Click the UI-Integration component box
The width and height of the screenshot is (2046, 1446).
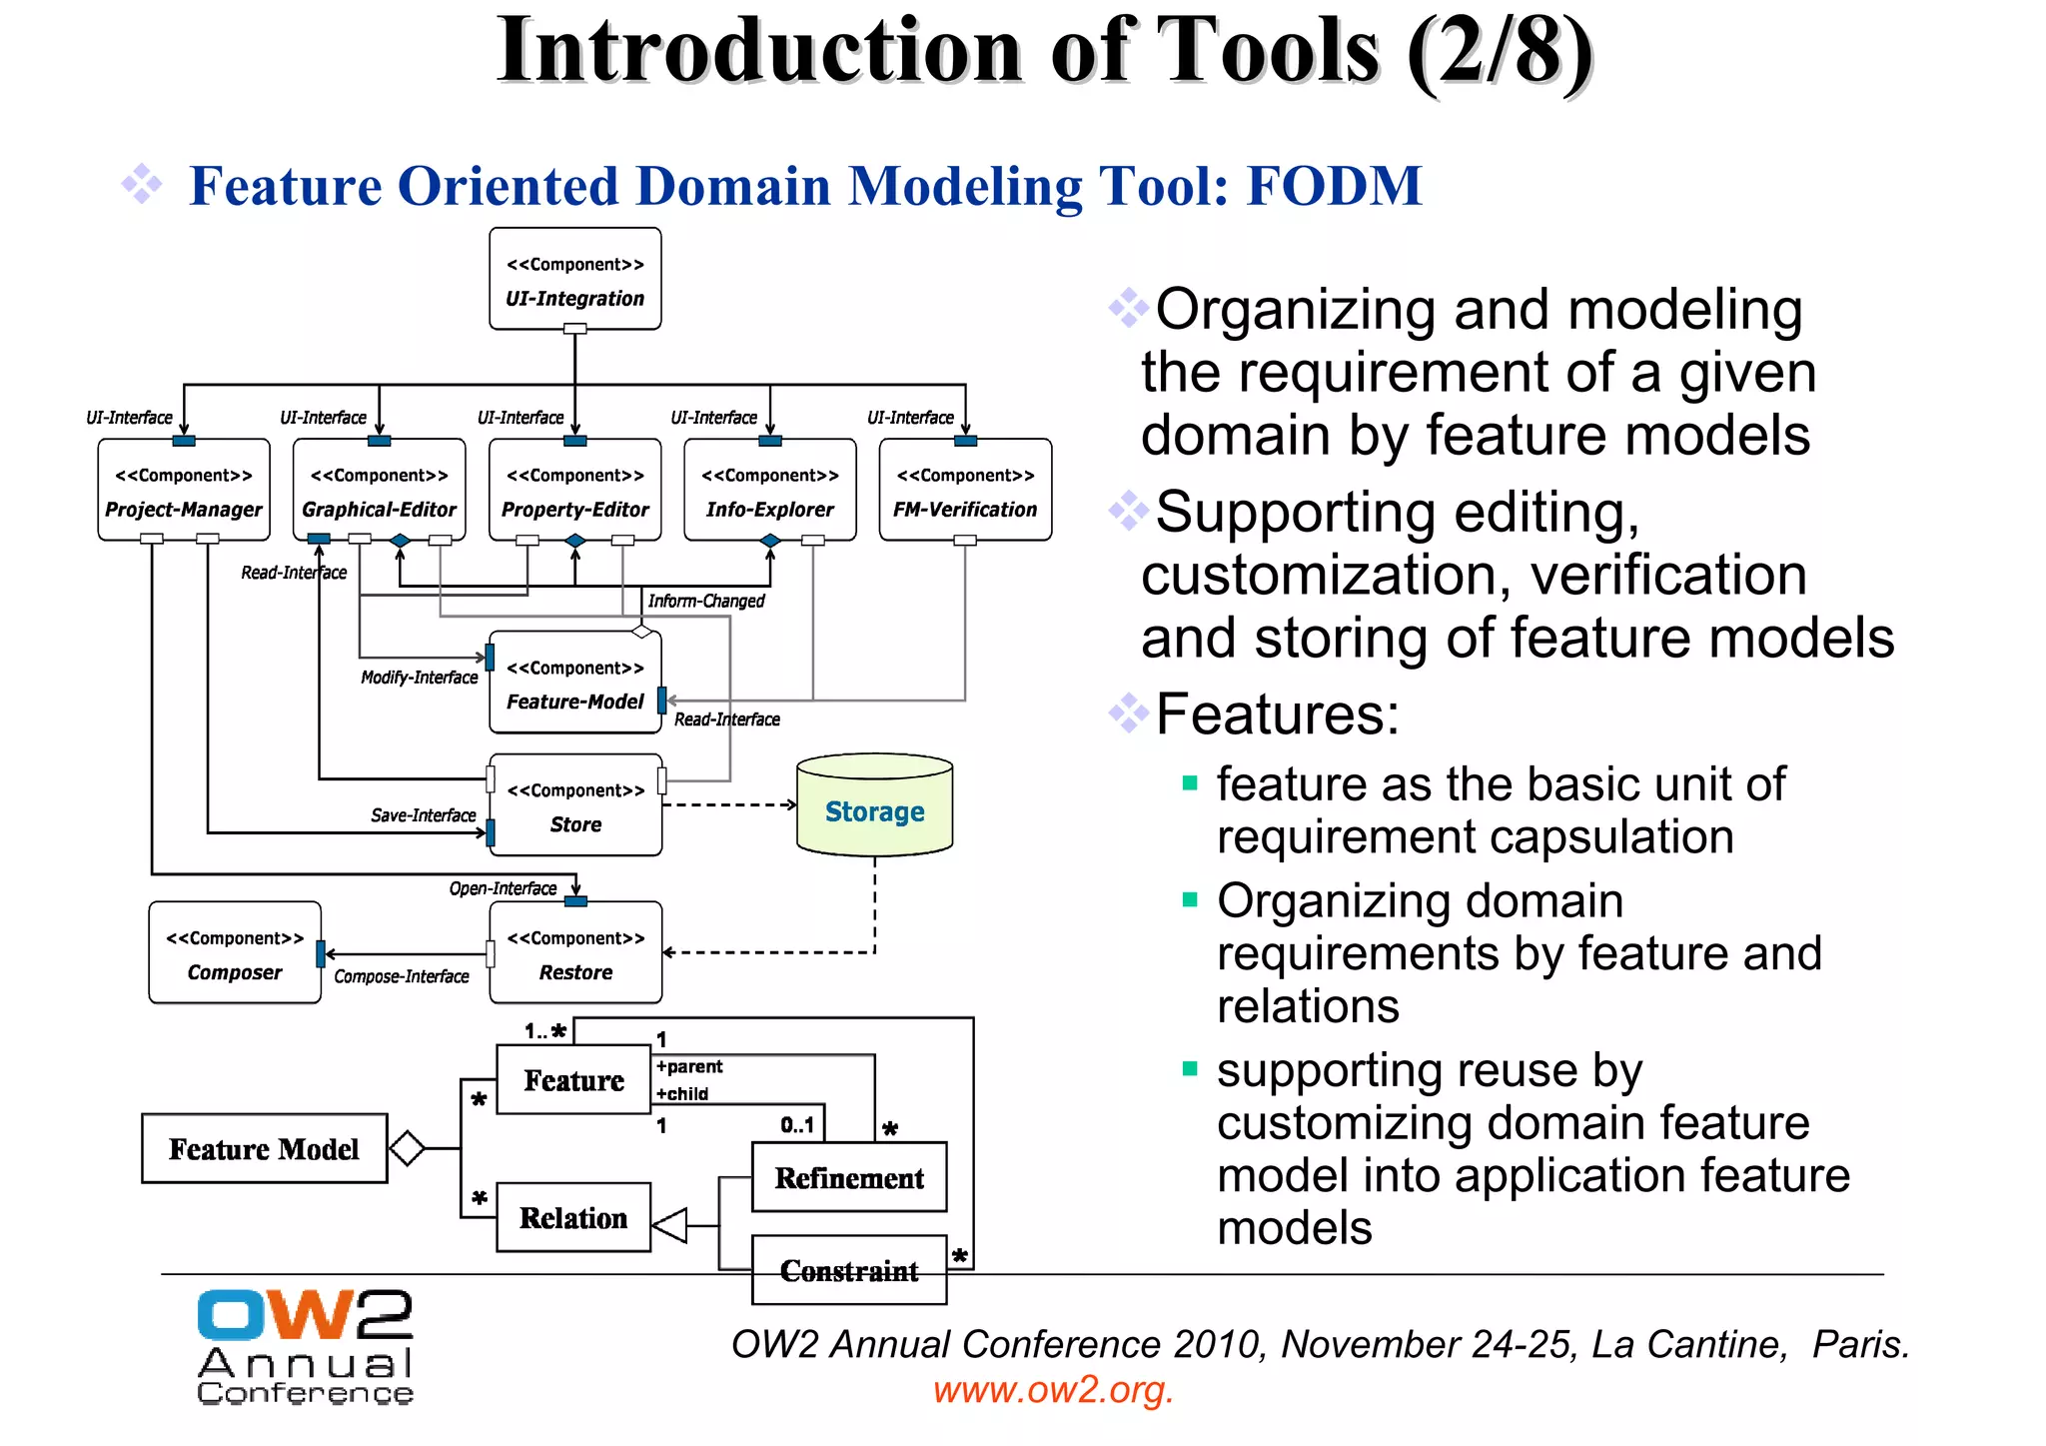[574, 280]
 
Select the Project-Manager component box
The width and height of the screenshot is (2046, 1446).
[184, 491]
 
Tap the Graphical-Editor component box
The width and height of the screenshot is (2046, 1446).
[379, 491]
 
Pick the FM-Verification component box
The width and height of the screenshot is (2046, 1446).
[965, 491]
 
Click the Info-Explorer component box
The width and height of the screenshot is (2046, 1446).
[769, 491]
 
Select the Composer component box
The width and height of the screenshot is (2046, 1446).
[235, 953]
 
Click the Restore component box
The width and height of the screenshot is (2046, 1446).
[575, 953]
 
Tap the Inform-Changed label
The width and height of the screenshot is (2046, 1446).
[705, 601]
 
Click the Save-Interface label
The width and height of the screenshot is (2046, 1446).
[423, 815]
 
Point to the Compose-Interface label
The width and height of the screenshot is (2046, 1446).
[401, 976]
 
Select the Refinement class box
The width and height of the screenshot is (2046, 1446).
[849, 1178]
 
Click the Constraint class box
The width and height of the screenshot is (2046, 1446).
[849, 1271]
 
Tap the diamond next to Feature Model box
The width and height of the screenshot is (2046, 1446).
[407, 1148]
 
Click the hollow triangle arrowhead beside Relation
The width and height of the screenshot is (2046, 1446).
[670, 1224]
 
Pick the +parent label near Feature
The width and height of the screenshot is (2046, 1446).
[689, 1066]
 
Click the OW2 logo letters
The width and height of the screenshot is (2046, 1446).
[305, 1314]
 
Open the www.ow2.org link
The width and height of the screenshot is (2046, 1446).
[1053, 1390]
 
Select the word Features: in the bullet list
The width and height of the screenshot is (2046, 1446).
[1277, 714]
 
